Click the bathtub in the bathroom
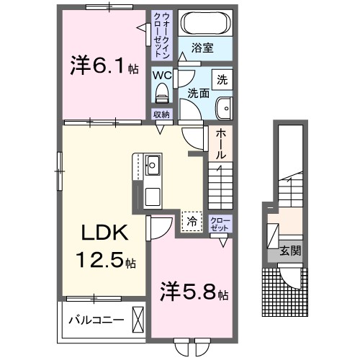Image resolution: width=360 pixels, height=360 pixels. pyautogui.click(x=204, y=24)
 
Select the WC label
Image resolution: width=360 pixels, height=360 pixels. pyautogui.click(x=161, y=73)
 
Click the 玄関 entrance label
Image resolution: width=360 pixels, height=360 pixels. pyautogui.click(x=291, y=252)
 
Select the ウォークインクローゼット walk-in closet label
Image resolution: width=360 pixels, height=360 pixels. pyautogui.click(x=161, y=35)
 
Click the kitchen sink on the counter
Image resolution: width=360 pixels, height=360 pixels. pyautogui.click(x=152, y=167)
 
